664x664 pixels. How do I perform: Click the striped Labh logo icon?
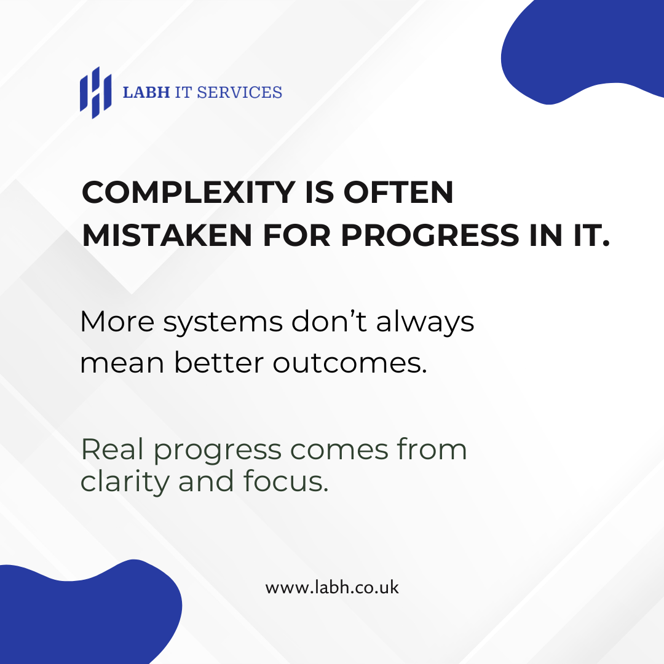click(96, 93)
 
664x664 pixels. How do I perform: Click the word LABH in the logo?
click(146, 92)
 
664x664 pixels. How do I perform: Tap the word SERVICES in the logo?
click(240, 92)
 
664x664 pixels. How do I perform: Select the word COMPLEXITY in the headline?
click(189, 192)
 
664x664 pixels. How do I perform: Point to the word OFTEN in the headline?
click(398, 192)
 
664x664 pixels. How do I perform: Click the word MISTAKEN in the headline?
click(167, 235)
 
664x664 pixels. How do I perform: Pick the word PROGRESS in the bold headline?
click(430, 235)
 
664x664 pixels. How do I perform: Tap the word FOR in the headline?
click(297, 235)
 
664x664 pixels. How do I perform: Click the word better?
click(219, 363)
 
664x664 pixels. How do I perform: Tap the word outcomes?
click(350, 363)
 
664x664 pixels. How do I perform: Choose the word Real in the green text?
click(113, 449)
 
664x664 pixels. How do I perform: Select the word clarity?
click(124, 483)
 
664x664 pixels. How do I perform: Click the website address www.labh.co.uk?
click(332, 587)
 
